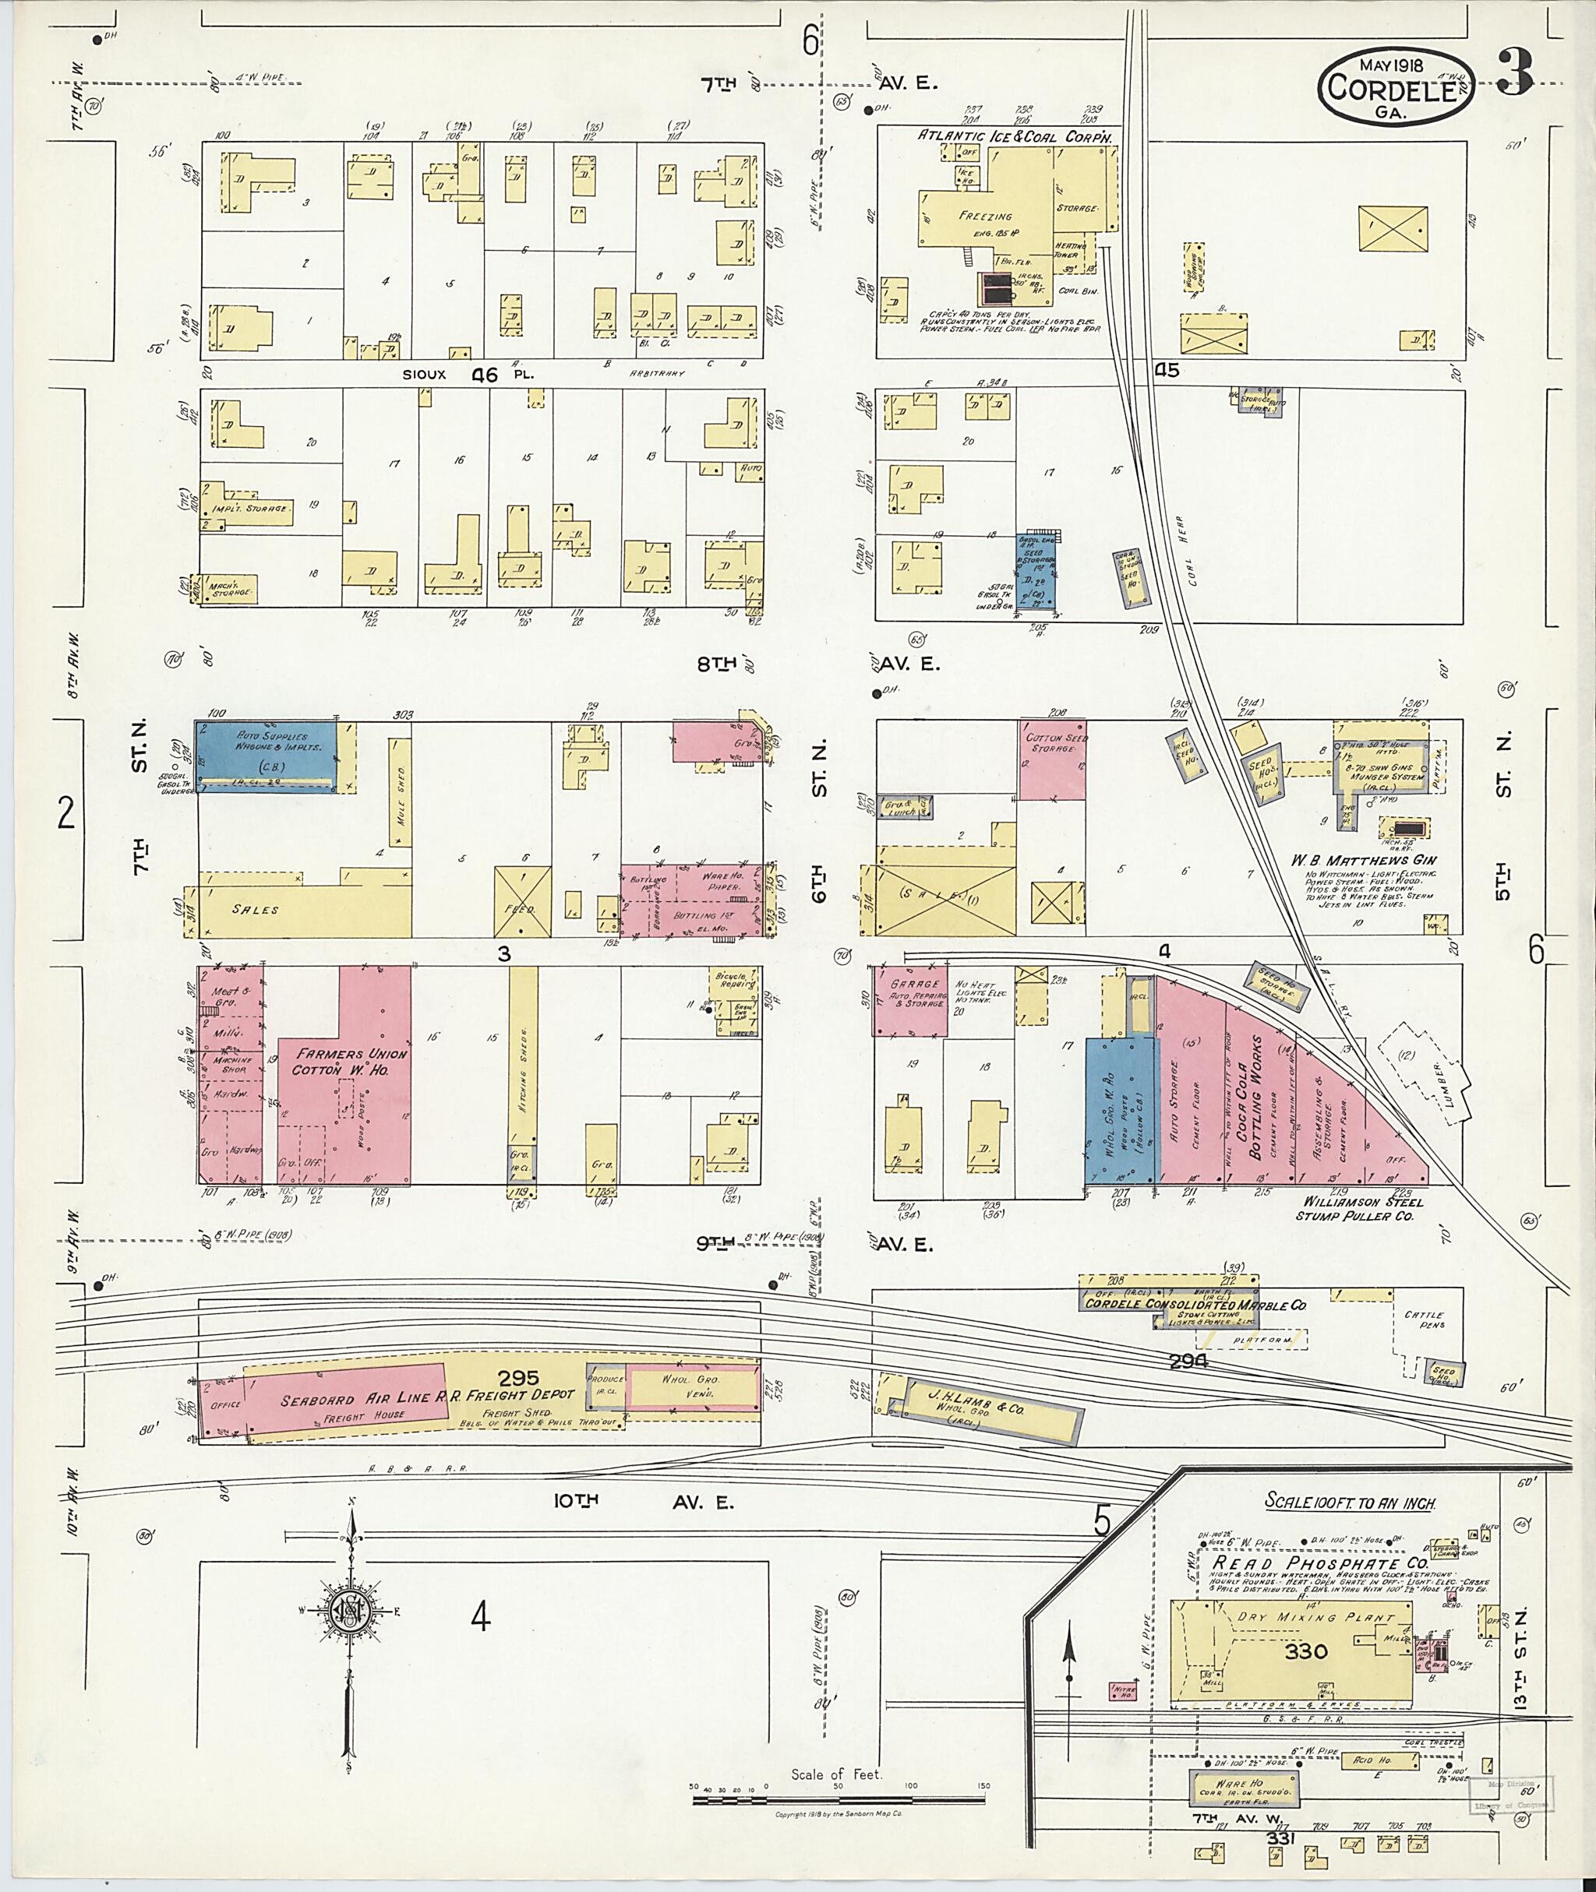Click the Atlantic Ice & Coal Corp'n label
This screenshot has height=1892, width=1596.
tap(1014, 135)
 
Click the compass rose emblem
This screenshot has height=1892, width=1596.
tap(349, 1616)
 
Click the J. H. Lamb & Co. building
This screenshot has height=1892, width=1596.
tap(984, 1410)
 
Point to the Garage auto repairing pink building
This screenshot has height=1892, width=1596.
tap(910, 1000)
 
